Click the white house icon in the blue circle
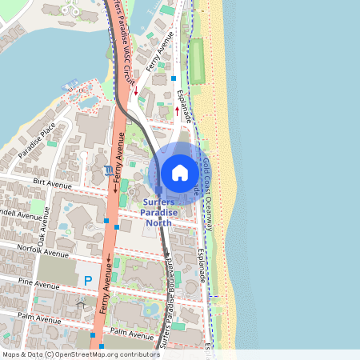click(180, 173)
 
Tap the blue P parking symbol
click(87, 281)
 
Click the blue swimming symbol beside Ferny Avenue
click(108, 170)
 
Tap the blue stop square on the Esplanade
click(173, 78)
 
